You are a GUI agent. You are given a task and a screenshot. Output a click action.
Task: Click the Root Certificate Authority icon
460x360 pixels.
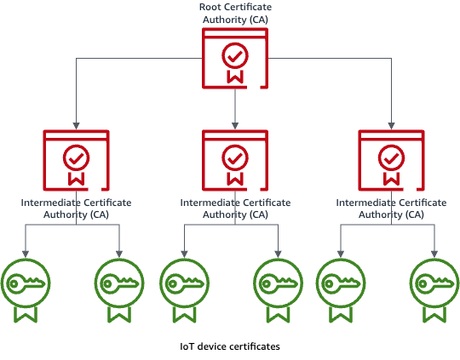(235, 58)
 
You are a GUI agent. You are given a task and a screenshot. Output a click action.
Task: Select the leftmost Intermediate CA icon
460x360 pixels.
(77, 160)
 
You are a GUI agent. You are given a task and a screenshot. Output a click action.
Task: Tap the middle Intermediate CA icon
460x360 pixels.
(235, 160)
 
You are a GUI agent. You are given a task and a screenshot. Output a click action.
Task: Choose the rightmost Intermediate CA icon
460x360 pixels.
(391, 160)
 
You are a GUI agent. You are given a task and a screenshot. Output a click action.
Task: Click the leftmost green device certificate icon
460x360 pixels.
(26, 290)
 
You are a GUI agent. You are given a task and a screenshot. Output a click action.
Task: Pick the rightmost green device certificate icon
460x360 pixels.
(434, 290)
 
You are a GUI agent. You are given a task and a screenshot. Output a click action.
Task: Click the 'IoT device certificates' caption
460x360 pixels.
(230, 346)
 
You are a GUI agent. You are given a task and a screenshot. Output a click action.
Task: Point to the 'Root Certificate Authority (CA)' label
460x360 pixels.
(235, 14)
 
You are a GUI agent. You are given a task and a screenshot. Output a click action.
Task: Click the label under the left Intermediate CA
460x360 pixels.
(77, 209)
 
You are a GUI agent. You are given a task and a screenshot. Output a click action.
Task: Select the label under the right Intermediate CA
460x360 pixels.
(391, 209)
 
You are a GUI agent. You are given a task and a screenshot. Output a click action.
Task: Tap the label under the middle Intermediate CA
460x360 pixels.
(235, 209)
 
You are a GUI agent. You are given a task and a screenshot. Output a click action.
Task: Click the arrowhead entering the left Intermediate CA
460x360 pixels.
(77, 126)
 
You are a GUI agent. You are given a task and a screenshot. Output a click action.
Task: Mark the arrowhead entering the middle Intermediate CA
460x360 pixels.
(235, 126)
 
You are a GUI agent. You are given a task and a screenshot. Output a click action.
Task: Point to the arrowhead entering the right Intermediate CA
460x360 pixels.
(391, 126)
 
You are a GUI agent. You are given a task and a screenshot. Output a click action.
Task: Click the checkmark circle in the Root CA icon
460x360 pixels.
(235, 55)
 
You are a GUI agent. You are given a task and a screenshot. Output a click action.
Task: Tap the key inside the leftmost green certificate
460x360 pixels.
(26, 283)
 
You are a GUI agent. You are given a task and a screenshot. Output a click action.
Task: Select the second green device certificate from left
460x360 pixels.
(119, 290)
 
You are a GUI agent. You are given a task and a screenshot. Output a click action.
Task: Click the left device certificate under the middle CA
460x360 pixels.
(184, 290)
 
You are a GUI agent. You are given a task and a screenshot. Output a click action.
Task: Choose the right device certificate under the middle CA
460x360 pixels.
(278, 290)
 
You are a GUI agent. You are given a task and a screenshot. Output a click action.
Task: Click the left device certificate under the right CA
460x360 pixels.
(341, 290)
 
